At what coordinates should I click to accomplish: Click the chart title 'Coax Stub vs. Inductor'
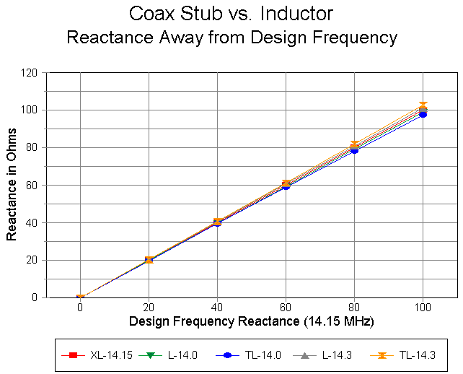click(x=231, y=14)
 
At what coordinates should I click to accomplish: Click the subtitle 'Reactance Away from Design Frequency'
click(x=231, y=38)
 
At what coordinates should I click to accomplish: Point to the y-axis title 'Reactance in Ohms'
click(x=12, y=185)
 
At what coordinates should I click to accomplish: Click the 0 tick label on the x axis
click(x=80, y=306)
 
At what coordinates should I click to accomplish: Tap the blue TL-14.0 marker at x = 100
click(x=423, y=114)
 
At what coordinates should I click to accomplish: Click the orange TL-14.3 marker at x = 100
click(x=423, y=106)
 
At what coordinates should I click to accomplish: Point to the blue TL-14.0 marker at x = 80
click(x=354, y=150)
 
